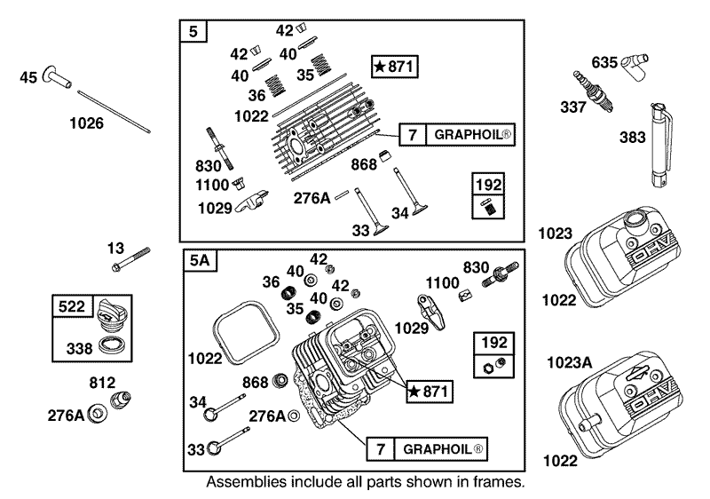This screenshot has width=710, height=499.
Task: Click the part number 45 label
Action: tap(28, 79)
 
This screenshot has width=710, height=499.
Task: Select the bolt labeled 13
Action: tap(130, 258)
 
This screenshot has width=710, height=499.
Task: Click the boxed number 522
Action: tap(73, 306)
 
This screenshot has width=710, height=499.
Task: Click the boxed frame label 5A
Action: tap(198, 261)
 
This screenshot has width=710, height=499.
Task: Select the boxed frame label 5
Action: tap(194, 32)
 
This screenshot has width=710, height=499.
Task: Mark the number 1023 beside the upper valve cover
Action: tap(556, 234)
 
